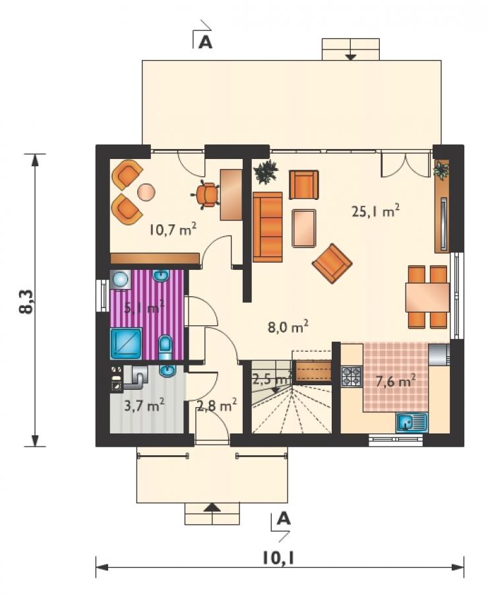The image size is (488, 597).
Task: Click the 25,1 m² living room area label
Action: (375, 210)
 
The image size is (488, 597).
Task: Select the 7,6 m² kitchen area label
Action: (395, 381)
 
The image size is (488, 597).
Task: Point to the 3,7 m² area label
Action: (144, 406)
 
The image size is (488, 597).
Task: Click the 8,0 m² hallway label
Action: (288, 327)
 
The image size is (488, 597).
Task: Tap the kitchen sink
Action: (412, 423)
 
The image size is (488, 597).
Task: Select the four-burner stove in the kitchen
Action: (351, 376)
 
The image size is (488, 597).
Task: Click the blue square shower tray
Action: (126, 344)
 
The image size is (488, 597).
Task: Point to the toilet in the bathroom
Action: (166, 347)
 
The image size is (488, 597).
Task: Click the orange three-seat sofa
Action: (268, 228)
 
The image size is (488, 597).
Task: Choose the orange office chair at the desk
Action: (206, 195)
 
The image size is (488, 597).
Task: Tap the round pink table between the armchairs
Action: (146, 192)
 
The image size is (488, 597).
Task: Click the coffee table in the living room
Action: (304, 228)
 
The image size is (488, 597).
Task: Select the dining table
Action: (427, 298)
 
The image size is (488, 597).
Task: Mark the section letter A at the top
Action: (206, 42)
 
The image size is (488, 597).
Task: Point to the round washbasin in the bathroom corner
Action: (120, 280)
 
